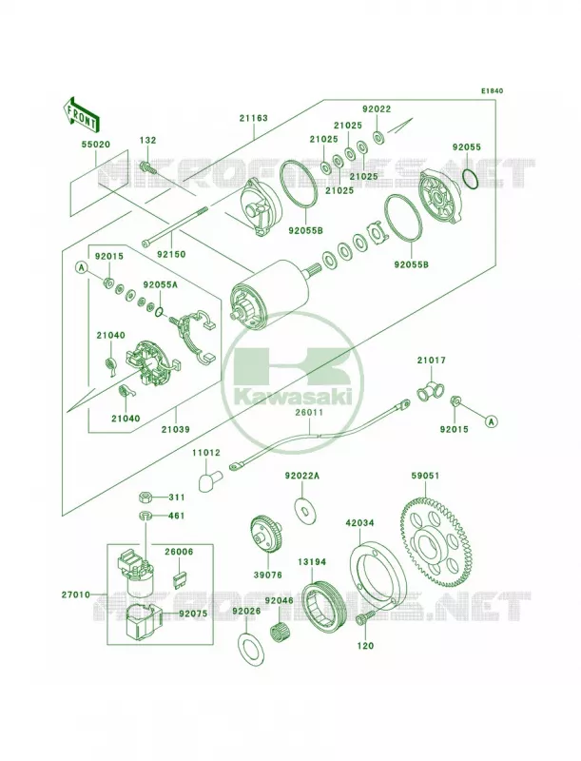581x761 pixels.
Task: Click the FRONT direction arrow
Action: (82, 114)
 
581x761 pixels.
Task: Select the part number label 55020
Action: (95, 145)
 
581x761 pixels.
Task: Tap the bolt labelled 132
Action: (147, 167)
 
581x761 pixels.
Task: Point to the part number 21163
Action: (253, 118)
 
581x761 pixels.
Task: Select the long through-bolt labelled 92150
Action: (175, 225)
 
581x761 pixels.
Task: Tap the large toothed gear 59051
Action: (436, 540)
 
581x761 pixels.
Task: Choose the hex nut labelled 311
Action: (145, 497)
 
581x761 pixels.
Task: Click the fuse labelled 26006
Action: (180, 580)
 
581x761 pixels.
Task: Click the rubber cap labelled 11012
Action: (208, 480)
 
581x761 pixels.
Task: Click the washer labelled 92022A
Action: (303, 510)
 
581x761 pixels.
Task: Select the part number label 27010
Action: (76, 594)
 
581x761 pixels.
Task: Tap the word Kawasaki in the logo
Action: (295, 399)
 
